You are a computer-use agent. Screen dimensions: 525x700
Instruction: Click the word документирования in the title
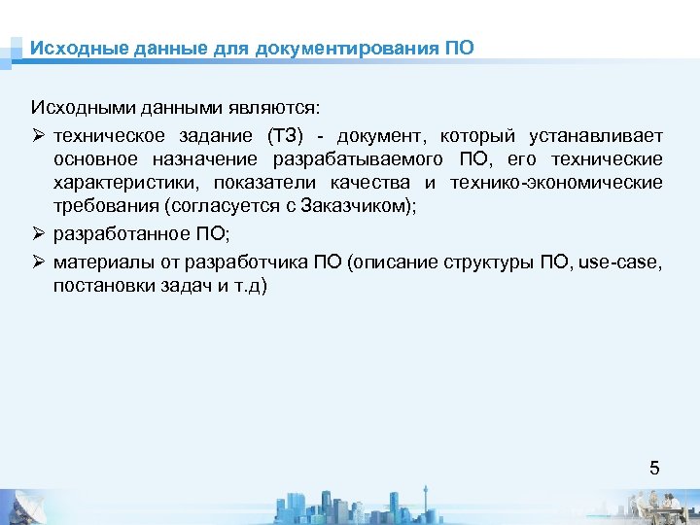click(x=347, y=48)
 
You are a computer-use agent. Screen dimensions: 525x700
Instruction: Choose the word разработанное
click(x=115, y=235)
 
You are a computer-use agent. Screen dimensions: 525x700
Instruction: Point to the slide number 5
click(x=654, y=468)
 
